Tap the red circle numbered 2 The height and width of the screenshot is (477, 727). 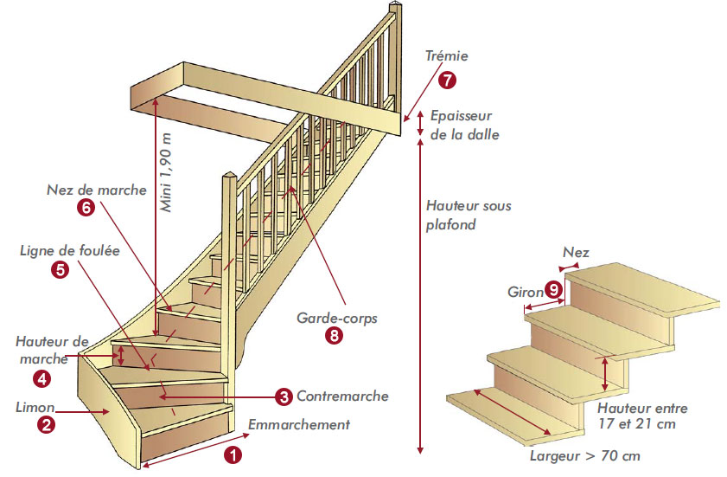(x=46, y=424)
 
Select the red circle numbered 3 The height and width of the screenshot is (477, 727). (x=284, y=396)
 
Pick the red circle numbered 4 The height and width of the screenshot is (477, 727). (x=41, y=378)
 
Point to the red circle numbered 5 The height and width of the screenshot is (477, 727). (x=61, y=269)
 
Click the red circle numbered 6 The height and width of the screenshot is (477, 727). (x=85, y=208)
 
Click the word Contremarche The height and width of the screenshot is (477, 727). (x=342, y=396)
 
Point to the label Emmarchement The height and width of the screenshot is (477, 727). (x=299, y=424)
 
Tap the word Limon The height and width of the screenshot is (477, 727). (x=35, y=406)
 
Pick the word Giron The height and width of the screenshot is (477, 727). (x=524, y=291)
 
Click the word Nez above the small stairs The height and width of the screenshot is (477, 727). (x=576, y=253)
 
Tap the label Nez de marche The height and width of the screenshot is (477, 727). (x=97, y=190)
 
